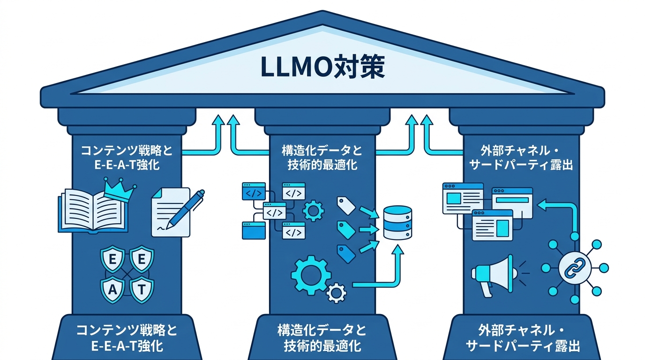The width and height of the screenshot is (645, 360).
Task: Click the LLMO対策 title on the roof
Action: coord(322,67)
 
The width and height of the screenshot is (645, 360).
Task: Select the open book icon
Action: coord(92,211)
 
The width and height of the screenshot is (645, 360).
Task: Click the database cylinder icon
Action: coord(397,222)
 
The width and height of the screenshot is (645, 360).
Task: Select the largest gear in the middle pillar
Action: coord(311,275)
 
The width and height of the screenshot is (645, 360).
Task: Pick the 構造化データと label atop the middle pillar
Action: coord(322,151)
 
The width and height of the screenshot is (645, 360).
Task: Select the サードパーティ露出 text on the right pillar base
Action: coord(523,346)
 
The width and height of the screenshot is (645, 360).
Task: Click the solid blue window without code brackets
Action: coord(253,230)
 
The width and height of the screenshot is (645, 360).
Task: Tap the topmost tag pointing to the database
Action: coord(345,205)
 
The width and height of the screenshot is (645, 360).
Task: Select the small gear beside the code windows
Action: coord(313,210)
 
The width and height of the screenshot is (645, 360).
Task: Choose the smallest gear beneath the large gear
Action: coord(336,293)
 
